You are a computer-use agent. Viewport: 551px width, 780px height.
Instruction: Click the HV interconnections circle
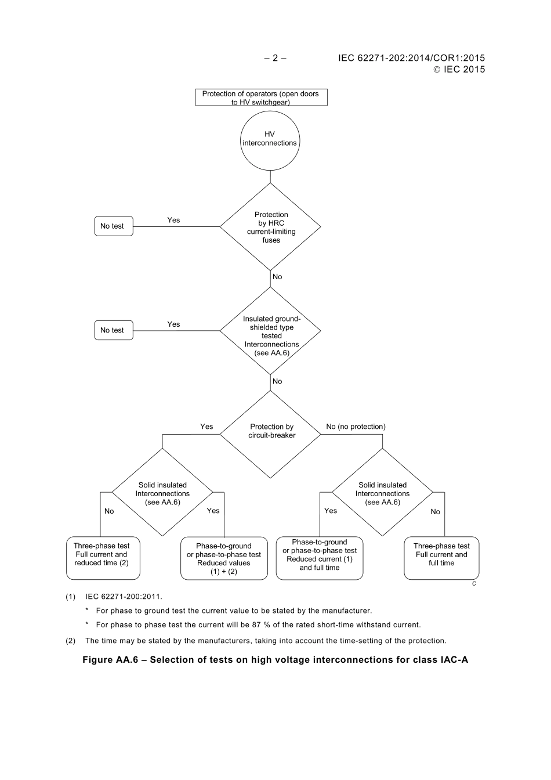270,139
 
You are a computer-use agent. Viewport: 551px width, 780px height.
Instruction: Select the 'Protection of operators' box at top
261,98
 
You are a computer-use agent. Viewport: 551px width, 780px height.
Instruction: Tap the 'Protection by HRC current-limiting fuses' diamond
270,227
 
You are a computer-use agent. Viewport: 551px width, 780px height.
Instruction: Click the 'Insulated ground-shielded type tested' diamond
271,331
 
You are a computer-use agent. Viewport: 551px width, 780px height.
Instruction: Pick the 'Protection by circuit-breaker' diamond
271,432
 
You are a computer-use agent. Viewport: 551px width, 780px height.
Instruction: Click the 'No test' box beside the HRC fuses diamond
113,226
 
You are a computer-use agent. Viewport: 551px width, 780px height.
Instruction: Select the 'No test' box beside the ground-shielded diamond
113,330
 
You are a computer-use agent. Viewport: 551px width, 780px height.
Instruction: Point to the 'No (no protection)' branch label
356,427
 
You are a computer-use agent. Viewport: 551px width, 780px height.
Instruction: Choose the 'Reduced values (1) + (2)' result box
224,558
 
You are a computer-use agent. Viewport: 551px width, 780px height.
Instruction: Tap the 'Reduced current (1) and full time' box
320,558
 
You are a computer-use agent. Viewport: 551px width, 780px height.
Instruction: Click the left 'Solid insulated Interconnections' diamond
162,493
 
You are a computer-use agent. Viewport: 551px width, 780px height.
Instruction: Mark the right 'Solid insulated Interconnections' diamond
382,493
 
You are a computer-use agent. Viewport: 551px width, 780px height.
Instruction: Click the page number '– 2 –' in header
275,58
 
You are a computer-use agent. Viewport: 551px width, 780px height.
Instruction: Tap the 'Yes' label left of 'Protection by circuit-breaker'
206,427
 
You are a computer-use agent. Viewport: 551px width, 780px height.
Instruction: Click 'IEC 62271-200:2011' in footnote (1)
124,597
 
